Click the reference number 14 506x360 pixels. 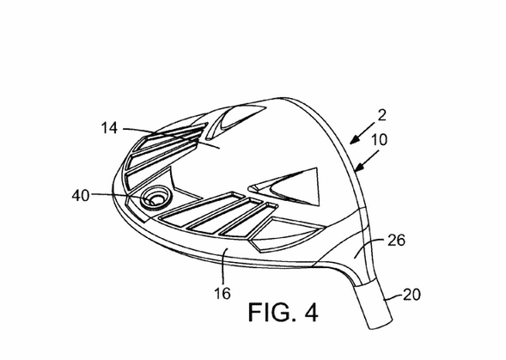coord(109,128)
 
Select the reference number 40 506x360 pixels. coord(81,195)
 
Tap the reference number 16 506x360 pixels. coord(223,294)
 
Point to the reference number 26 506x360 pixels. coord(396,241)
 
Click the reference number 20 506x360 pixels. coord(412,295)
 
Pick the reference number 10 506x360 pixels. coord(380,140)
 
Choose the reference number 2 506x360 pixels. coord(381,116)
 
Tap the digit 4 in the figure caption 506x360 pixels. coord(311,312)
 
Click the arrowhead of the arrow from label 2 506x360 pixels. coord(354,140)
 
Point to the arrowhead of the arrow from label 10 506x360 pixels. coord(358,168)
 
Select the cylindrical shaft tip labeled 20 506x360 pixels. coord(374,304)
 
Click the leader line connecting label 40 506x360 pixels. coord(123,196)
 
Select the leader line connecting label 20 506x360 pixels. coord(393,297)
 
